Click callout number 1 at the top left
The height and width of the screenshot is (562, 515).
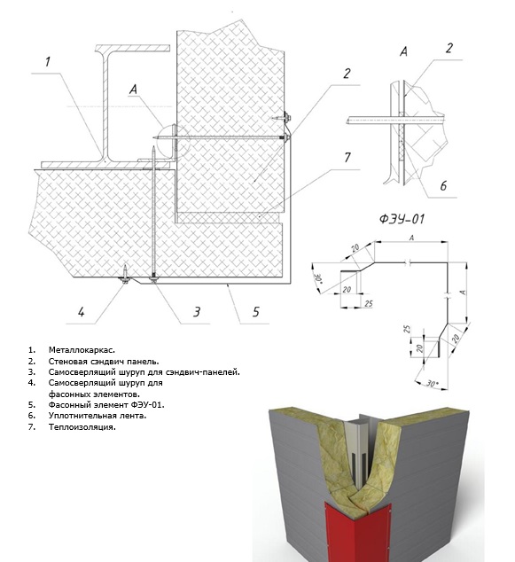[48, 62]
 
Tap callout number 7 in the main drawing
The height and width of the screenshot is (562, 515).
[347, 158]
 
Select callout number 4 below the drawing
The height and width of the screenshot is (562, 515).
[82, 312]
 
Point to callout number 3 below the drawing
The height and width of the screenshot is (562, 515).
[197, 312]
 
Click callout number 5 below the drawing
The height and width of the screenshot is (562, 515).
[255, 312]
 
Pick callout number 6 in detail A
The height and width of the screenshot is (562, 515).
[443, 185]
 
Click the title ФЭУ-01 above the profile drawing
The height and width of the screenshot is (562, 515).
[402, 218]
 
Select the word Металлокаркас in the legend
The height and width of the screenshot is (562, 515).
[82, 350]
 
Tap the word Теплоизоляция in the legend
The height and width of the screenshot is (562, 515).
[82, 427]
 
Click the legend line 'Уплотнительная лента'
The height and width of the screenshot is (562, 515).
[98, 416]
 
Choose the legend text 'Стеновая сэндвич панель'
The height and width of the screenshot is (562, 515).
[104, 362]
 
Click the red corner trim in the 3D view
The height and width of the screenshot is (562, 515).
[357, 530]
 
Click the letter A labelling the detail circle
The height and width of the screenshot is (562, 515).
[133, 90]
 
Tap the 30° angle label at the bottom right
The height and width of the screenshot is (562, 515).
[433, 383]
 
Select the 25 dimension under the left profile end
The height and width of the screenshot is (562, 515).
[369, 303]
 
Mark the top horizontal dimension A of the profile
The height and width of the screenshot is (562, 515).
[411, 238]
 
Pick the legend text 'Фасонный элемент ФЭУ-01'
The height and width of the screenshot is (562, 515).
[106, 405]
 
